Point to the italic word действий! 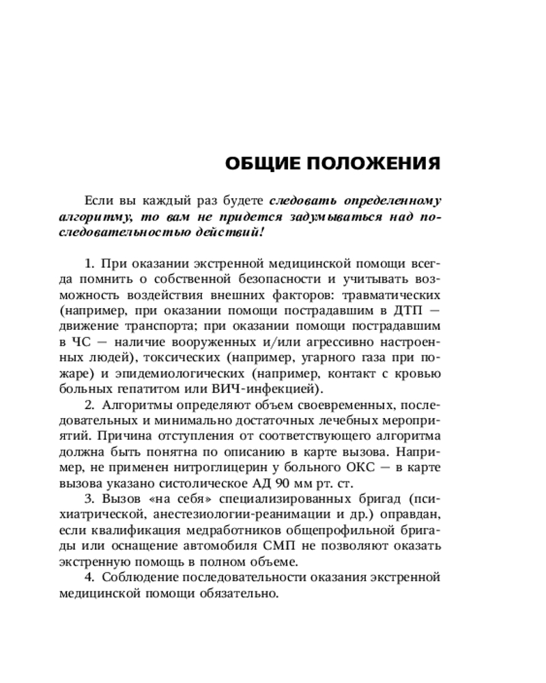coord(229,233)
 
